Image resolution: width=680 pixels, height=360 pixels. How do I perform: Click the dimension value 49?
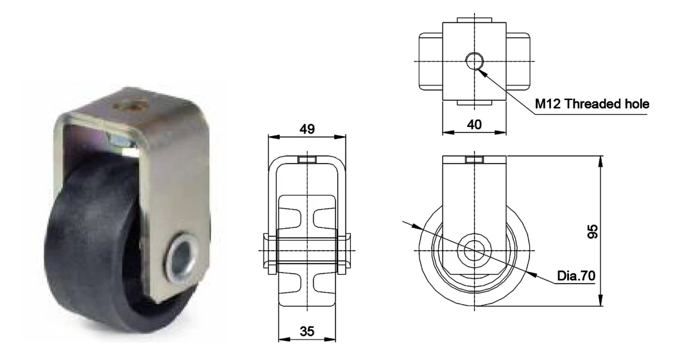[x=307, y=129]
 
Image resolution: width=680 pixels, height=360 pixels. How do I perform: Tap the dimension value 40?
[x=474, y=123]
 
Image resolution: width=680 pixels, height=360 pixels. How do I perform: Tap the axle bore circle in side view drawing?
[x=475, y=250]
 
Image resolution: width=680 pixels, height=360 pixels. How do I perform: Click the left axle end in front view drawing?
[x=269, y=250]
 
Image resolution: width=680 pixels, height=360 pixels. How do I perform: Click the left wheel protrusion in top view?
[x=430, y=61]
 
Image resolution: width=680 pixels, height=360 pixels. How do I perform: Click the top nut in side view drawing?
[x=475, y=160]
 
